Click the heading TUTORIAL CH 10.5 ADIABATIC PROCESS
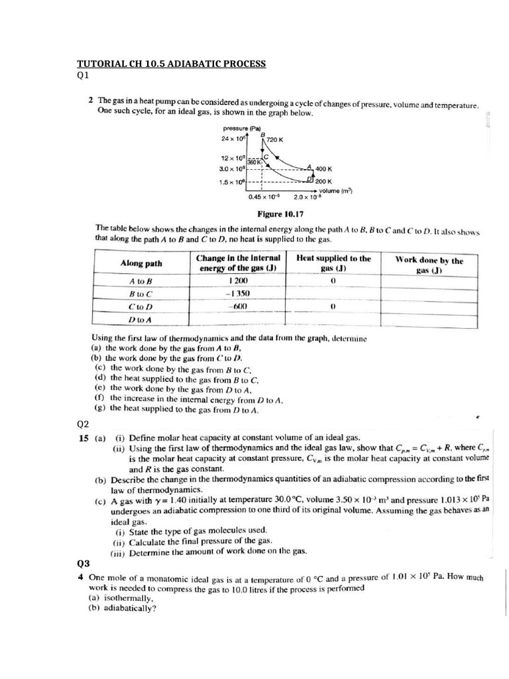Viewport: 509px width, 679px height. click(x=171, y=64)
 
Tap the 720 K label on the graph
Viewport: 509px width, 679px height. click(x=274, y=140)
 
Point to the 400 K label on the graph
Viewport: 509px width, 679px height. click(x=325, y=169)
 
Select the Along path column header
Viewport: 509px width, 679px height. click(x=141, y=263)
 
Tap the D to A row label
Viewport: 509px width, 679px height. click(x=141, y=320)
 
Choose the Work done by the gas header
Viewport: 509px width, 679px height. click(x=429, y=265)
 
